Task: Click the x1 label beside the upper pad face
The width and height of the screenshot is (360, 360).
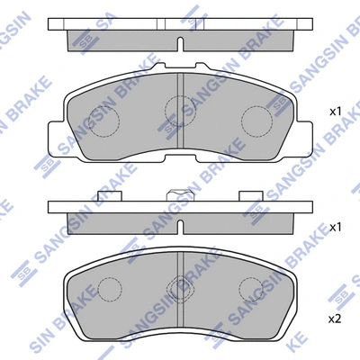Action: [335, 112]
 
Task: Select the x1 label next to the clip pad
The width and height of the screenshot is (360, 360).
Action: [335, 228]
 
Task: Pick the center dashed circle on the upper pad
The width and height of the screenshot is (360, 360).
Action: [176, 109]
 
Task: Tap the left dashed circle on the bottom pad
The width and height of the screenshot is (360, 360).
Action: [109, 289]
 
